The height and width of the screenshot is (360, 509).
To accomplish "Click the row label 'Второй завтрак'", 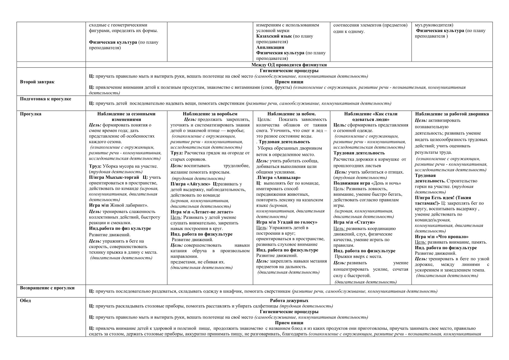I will (37, 82).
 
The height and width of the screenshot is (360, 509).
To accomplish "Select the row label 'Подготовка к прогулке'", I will (46, 99).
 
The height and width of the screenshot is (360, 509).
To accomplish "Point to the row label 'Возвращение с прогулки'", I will (47, 288).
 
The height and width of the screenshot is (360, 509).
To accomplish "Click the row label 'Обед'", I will (25, 301).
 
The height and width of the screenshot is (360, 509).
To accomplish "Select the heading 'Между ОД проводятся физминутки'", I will (289, 65).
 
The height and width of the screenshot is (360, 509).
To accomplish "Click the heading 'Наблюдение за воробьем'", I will (210, 114).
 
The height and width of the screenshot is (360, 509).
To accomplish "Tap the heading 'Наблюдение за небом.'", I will (291, 114).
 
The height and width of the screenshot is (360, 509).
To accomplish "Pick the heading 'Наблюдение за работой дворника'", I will (452, 114).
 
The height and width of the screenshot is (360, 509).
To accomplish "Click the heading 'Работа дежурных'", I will (289, 301).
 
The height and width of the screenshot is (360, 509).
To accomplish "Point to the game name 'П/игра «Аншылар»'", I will (279, 178).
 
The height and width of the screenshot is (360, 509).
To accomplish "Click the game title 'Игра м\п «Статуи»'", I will (350, 222).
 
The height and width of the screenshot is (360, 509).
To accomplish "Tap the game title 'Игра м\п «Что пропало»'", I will (442, 237).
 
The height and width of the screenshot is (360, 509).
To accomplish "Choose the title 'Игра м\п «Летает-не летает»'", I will (202, 212).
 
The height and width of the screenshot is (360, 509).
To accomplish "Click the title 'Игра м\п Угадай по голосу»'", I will (287, 222).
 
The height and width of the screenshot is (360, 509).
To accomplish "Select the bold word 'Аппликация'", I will (270, 47).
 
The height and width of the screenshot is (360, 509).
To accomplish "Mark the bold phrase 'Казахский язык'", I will (274, 36).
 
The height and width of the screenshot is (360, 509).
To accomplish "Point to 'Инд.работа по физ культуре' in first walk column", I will (120, 228).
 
